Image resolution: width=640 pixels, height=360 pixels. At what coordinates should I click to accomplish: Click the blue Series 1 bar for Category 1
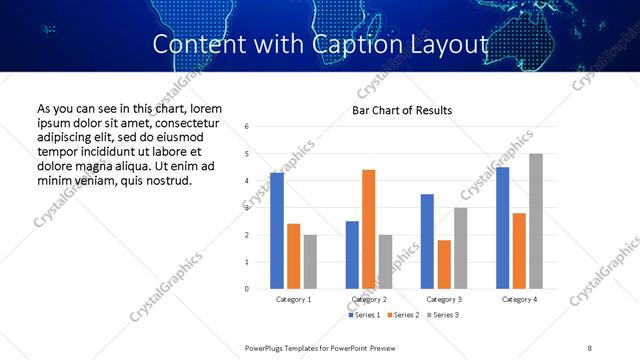point(277,231)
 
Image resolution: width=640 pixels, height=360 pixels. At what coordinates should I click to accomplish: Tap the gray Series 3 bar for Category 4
point(536,221)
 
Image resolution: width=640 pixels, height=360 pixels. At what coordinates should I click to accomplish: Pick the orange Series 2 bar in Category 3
point(444,264)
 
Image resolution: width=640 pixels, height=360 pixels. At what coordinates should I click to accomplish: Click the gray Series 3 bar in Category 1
point(310,262)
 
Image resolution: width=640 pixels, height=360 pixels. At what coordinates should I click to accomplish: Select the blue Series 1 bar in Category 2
point(352,255)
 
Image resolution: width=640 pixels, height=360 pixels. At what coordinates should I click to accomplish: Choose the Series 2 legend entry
point(403,316)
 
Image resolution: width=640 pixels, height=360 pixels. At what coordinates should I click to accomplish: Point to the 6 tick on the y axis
point(247,127)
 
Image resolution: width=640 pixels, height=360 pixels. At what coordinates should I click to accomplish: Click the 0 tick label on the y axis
point(247,289)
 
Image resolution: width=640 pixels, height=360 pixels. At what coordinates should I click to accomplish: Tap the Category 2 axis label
point(369,299)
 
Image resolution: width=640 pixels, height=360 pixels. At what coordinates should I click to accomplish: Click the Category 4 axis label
point(519,299)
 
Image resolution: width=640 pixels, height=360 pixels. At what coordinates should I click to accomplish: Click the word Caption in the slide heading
point(329,45)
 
